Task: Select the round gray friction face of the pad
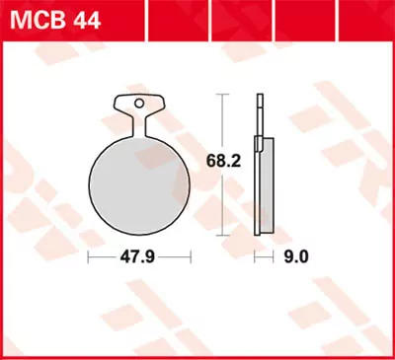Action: point(138,182)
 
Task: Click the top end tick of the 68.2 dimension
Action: point(223,95)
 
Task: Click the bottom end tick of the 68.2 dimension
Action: point(223,235)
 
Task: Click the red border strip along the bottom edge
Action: point(197,356)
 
